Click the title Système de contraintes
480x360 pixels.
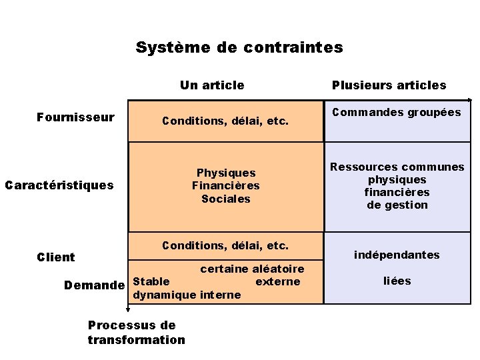(239, 48)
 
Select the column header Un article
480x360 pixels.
(212, 85)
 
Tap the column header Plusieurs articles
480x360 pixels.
(389, 85)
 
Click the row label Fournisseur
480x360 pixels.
(75, 118)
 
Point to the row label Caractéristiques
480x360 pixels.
(59, 185)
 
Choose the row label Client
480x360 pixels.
(56, 257)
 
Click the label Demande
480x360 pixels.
(94, 285)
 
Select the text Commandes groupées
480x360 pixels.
(397, 112)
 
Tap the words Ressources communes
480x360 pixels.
(397, 167)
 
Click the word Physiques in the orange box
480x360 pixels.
(225, 173)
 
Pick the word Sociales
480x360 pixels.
(225, 199)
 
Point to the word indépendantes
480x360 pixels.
(397, 255)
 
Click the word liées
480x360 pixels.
(397, 281)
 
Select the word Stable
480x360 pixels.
(151, 281)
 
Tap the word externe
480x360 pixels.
(278, 281)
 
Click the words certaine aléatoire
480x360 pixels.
(252, 269)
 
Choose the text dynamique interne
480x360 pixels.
(187, 295)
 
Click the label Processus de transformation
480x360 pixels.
(136, 332)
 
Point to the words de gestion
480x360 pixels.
(397, 205)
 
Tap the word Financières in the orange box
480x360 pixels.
(225, 185)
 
